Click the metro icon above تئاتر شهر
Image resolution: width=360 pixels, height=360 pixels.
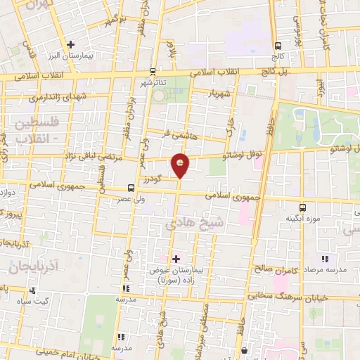click(x=153, y=71)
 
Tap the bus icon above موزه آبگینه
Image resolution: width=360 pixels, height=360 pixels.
click(x=302, y=207)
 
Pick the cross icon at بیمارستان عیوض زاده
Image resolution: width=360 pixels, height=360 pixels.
click(x=176, y=259)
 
